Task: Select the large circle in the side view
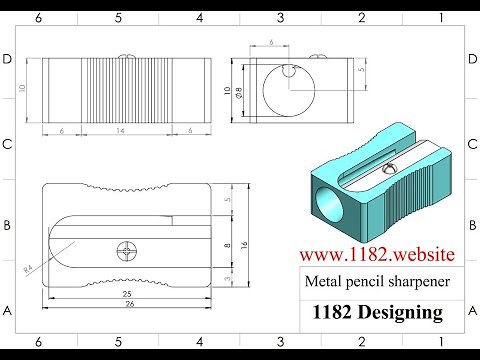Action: point(289,90)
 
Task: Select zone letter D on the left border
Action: point(8,60)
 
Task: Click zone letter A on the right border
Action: point(471,311)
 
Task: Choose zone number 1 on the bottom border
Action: point(441,342)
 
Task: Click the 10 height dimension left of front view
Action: point(22,87)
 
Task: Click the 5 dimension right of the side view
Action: point(361,72)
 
